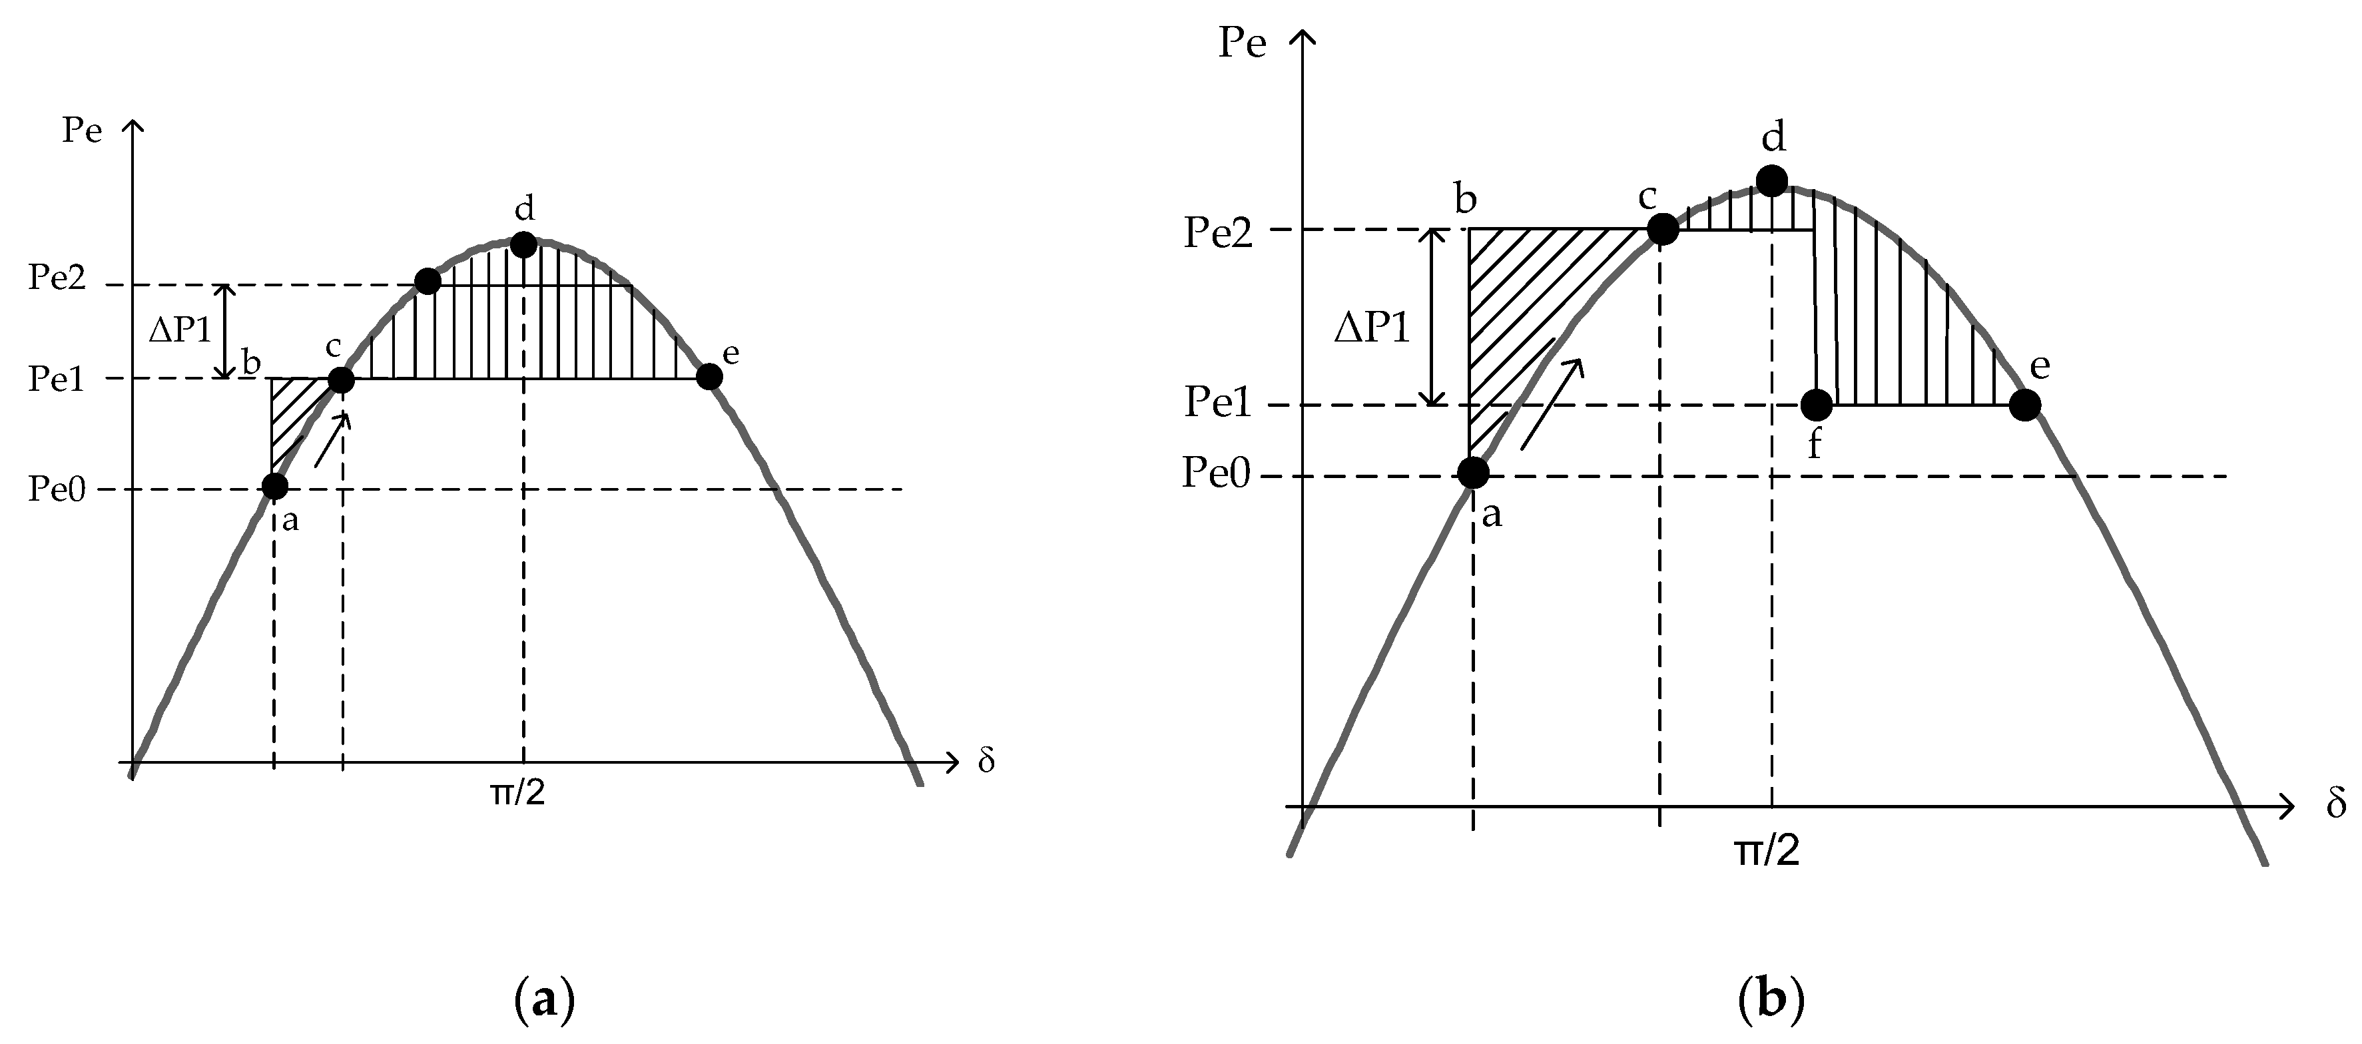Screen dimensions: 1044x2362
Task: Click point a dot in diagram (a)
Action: coord(274,486)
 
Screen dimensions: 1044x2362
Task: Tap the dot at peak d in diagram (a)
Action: coord(523,245)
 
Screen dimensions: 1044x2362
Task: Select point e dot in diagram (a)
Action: coord(709,376)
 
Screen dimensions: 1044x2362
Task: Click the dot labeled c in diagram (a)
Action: coord(340,380)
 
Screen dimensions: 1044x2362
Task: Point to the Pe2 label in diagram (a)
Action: coord(57,278)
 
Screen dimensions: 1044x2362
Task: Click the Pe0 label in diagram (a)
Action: coord(57,489)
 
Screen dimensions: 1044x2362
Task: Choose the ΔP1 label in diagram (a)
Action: coord(180,330)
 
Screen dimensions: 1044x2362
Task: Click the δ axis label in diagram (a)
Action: coord(986,762)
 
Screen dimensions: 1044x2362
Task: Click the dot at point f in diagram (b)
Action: coord(1817,404)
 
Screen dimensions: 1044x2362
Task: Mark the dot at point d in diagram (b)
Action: coord(1771,180)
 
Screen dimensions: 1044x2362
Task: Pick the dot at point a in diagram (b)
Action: coord(1472,473)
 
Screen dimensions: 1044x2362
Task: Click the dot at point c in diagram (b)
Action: coord(1662,229)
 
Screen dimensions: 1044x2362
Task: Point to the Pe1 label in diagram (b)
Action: coord(1218,402)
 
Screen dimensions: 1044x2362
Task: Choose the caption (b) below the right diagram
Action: coord(1771,998)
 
